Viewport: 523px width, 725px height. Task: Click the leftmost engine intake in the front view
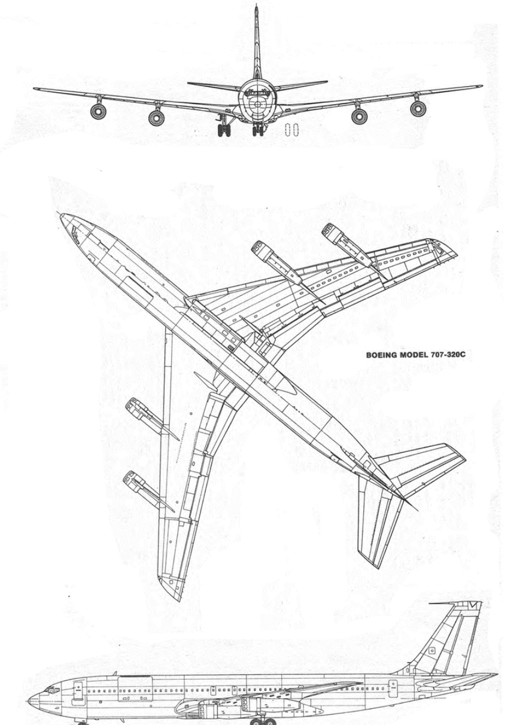(98, 111)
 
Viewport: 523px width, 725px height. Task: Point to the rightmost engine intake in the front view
(418, 108)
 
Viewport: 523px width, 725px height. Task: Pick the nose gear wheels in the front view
(258, 130)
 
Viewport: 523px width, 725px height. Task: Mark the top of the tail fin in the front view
(257, 5)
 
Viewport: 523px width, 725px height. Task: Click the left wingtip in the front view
(35, 89)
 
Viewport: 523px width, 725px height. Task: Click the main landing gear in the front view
(224, 126)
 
